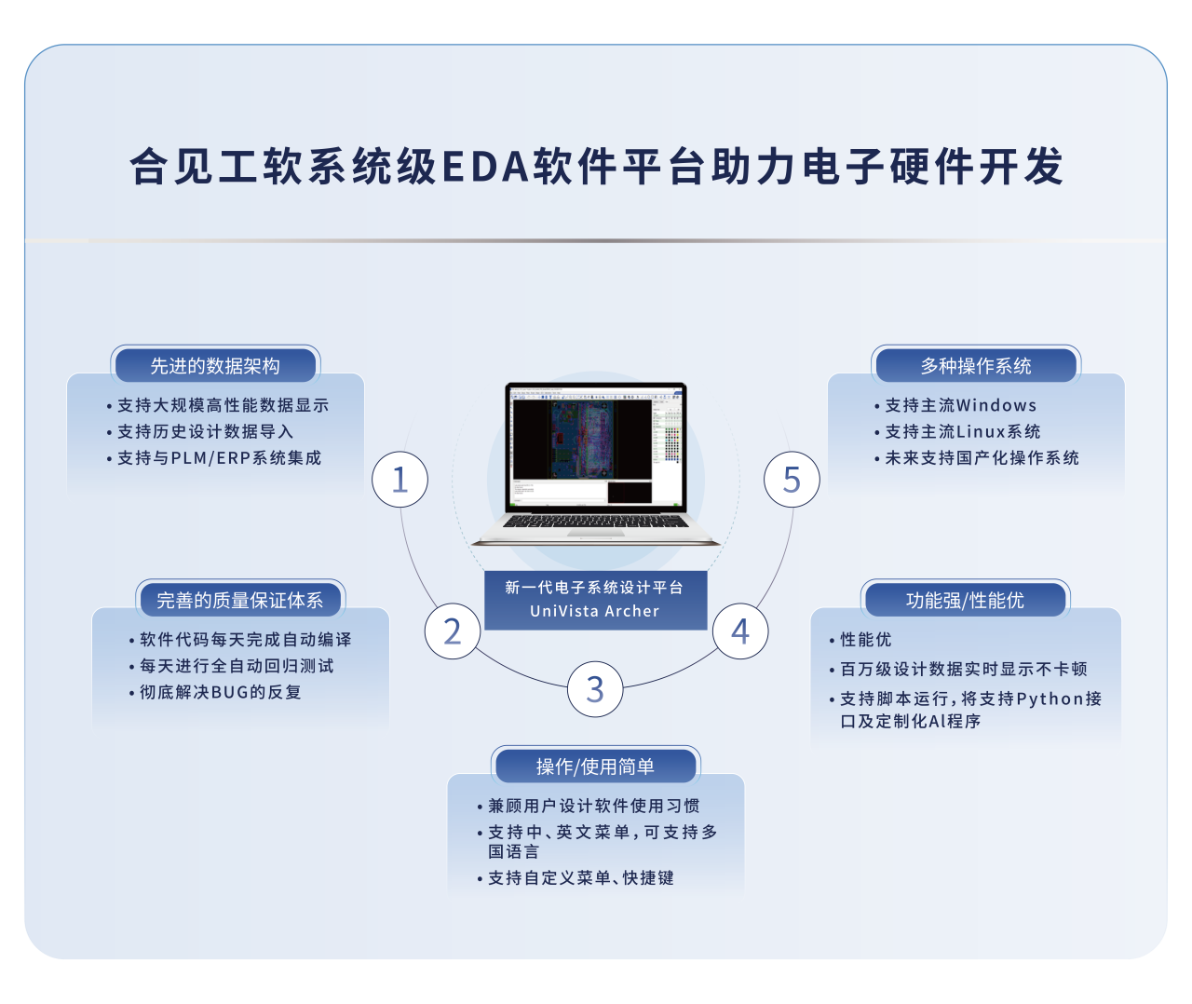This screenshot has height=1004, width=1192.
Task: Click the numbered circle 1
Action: (400, 479)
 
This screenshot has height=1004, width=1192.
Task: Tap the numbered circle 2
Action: (453, 631)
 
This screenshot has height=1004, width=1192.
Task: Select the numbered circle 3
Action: (595, 689)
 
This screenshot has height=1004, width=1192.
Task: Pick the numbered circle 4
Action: (740, 631)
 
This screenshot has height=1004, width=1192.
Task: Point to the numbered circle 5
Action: (792, 479)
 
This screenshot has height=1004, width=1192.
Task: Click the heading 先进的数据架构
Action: (215, 366)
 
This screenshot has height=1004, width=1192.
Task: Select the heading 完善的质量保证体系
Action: (239, 600)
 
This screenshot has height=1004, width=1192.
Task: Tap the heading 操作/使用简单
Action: (595, 767)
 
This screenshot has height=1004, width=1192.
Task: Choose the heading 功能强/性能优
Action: (965, 600)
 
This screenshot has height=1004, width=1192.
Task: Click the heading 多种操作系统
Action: (976, 366)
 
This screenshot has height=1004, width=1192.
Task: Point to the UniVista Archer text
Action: (594, 611)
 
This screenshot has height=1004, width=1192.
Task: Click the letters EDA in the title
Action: (486, 166)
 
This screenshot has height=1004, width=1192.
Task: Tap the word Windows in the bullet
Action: (996, 405)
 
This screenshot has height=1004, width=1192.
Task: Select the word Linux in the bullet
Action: (981, 432)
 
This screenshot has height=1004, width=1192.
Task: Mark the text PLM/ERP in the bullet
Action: (210, 458)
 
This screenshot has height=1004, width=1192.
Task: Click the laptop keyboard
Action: (595, 521)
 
